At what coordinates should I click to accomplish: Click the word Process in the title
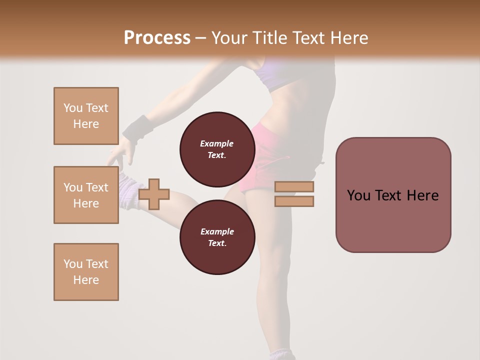click(x=157, y=38)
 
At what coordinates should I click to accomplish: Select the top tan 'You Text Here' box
click(x=86, y=116)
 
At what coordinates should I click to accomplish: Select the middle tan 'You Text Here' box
click(x=86, y=195)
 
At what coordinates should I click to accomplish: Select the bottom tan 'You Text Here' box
click(x=86, y=272)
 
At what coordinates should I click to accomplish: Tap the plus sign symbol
click(x=154, y=194)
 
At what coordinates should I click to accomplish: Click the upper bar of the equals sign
click(x=294, y=187)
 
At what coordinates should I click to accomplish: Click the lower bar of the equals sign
click(x=294, y=201)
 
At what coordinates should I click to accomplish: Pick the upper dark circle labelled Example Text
click(x=217, y=149)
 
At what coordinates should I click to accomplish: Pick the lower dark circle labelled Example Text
click(x=217, y=237)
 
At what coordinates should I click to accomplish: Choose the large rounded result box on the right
click(x=393, y=195)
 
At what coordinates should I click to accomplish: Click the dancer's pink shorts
click(x=260, y=160)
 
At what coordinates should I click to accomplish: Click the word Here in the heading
click(x=349, y=38)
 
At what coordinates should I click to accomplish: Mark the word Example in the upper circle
click(x=217, y=143)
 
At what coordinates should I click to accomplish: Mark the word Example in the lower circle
click(x=217, y=231)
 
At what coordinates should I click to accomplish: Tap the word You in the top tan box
click(x=72, y=108)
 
